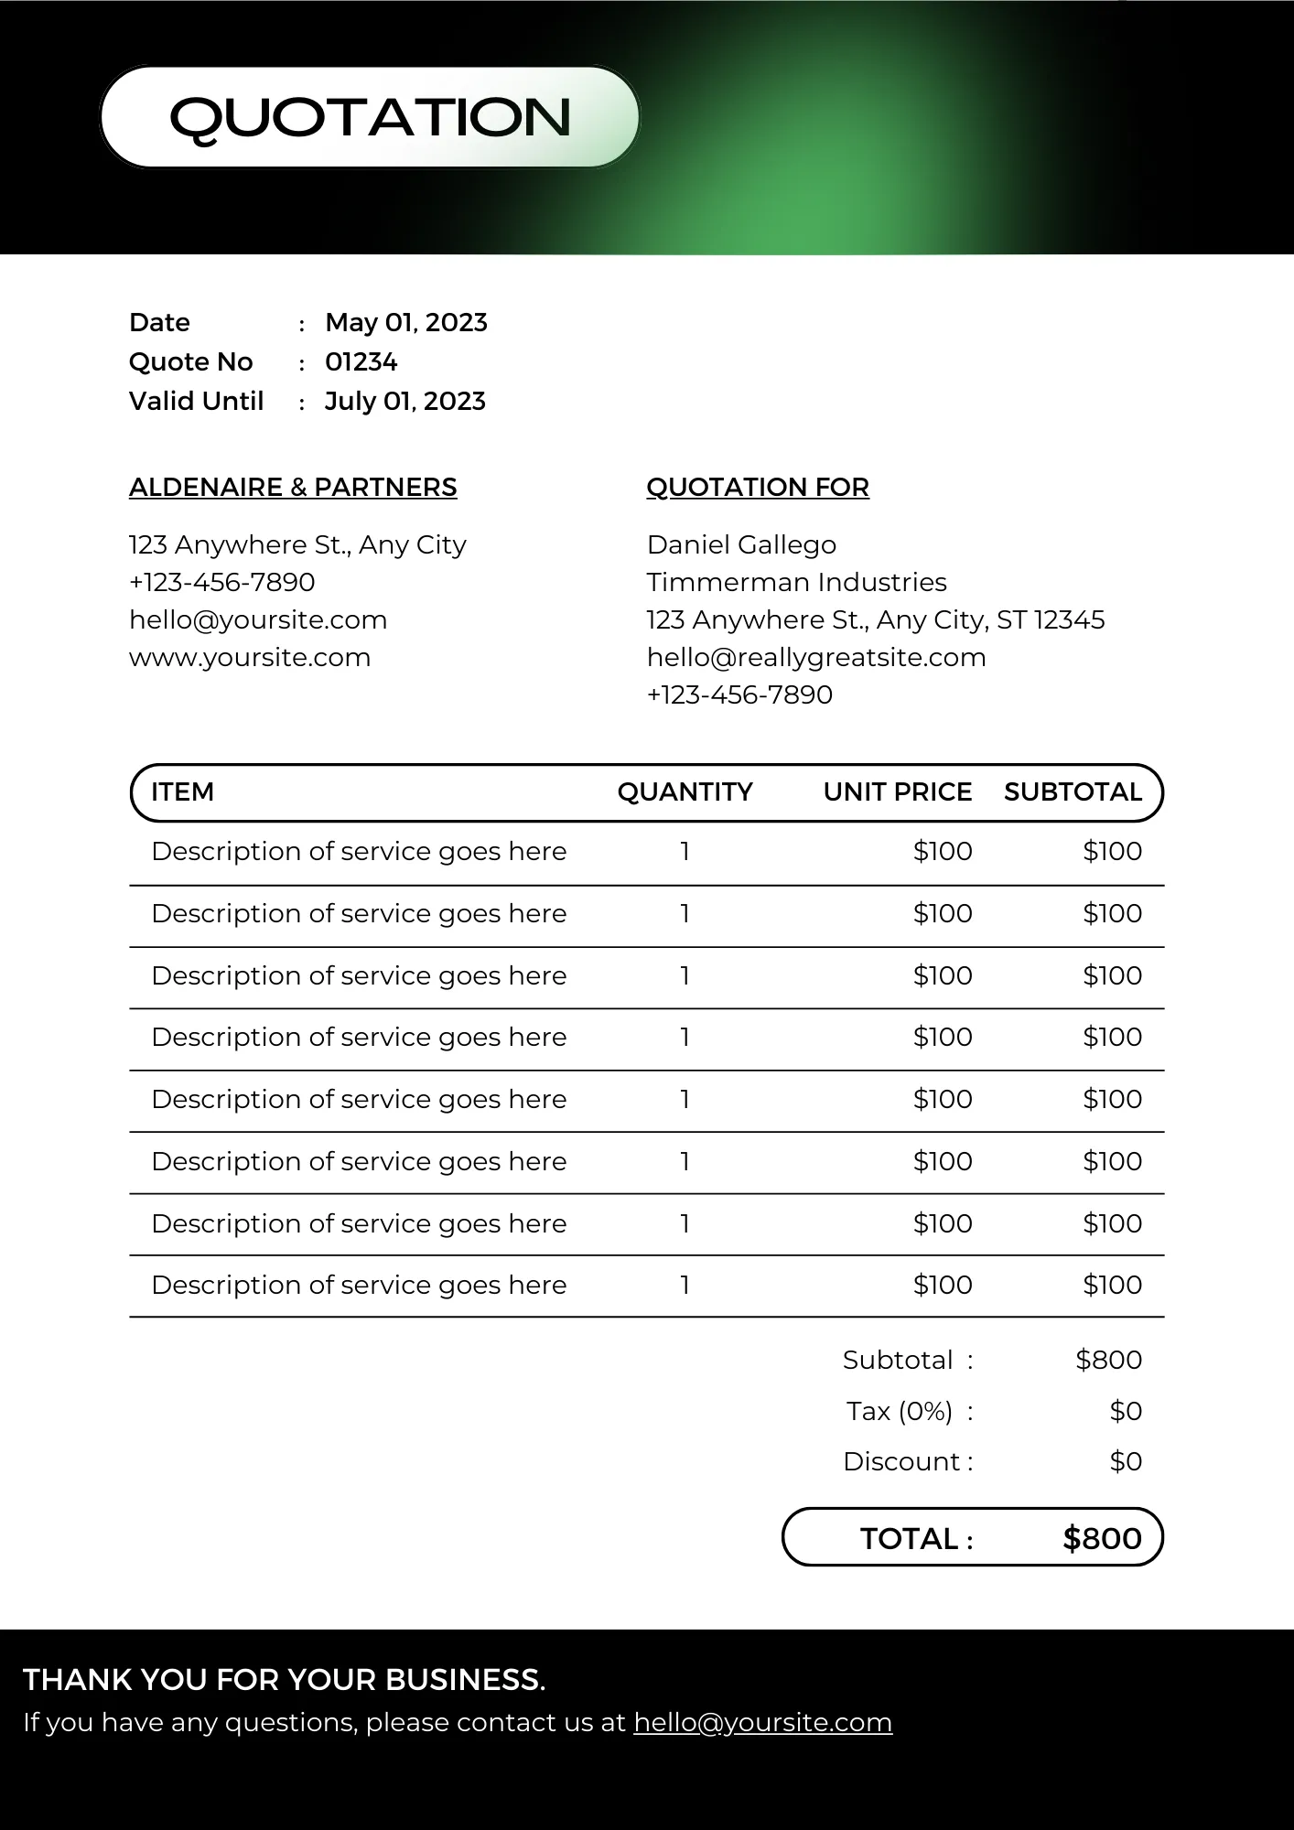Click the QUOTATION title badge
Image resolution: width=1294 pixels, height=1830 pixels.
pos(370,117)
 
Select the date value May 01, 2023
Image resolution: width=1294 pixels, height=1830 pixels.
pos(405,322)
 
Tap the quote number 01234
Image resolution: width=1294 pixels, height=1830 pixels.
pos(361,361)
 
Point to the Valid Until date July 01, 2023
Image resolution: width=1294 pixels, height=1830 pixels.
pos(404,401)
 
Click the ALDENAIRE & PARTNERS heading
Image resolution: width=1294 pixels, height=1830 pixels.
pos(293,487)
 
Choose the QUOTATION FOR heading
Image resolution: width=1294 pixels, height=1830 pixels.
pos(758,487)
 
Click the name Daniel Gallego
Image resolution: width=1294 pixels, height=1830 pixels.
pos(741,544)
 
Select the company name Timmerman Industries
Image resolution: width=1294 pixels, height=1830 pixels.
pos(796,582)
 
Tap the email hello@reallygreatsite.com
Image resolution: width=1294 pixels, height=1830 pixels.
pos(816,657)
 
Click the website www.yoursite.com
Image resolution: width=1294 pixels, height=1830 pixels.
pos(250,657)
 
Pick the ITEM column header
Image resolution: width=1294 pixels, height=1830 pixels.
pos(182,791)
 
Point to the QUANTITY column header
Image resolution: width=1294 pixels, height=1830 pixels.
pos(685,791)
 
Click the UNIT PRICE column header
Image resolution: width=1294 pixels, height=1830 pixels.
pos(897,791)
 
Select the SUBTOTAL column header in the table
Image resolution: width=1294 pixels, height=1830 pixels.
pos(1073,791)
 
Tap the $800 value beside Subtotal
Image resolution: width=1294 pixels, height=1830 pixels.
pos(1108,1360)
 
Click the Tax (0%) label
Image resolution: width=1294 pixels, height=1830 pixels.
pos(900,1411)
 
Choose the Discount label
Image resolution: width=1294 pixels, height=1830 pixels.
pos(901,1461)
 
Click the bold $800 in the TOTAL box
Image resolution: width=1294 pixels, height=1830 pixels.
pos(1102,1538)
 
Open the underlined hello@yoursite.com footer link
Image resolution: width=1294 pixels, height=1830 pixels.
pos(762,1722)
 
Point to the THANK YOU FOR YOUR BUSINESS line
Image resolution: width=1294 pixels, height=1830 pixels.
pos(284,1680)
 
